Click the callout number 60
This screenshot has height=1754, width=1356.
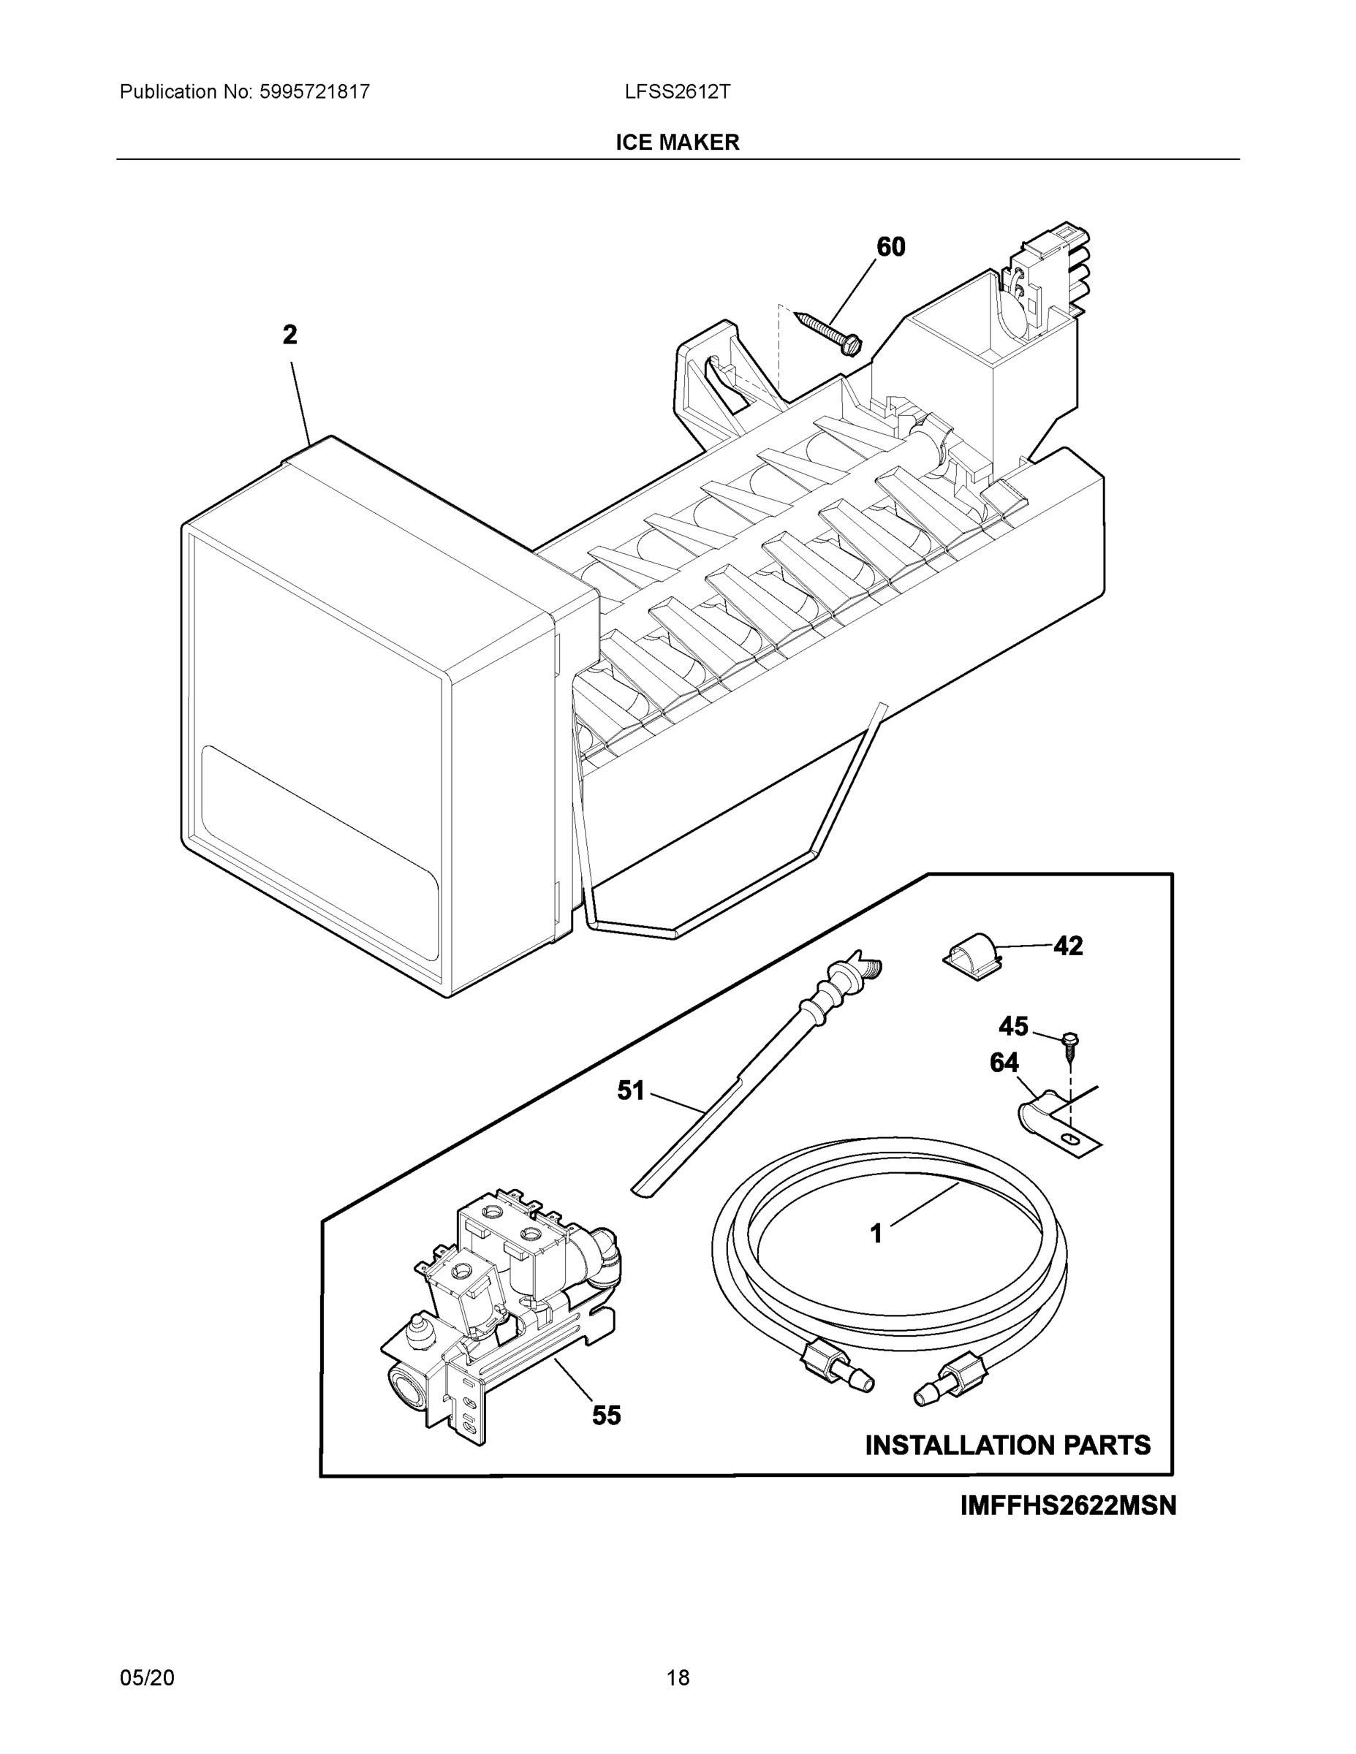click(x=890, y=246)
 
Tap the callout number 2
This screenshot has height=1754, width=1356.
click(x=290, y=335)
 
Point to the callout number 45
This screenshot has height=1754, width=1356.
click(x=1013, y=1026)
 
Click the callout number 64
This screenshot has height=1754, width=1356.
click(x=1004, y=1063)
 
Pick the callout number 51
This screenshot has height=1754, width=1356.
click(x=631, y=1090)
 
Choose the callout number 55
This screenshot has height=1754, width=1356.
click(x=607, y=1415)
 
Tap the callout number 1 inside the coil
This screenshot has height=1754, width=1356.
click(x=876, y=1234)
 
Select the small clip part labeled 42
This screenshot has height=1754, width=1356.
click(x=969, y=955)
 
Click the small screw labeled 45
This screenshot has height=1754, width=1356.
click(x=1069, y=1041)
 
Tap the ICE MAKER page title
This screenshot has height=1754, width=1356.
click(x=677, y=143)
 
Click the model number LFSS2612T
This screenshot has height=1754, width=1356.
click(x=677, y=91)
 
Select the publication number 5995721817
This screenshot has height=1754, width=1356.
click(x=314, y=91)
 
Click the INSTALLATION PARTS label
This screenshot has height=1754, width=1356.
click(x=1007, y=1446)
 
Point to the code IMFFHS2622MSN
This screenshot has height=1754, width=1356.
click(x=1067, y=1505)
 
